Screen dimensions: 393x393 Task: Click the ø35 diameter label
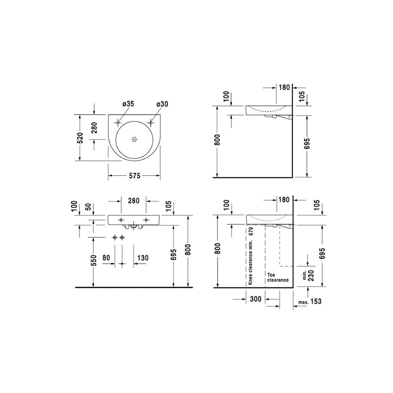[128, 104]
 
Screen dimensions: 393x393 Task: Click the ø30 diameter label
[162, 104]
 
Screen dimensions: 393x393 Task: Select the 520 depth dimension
[81, 138]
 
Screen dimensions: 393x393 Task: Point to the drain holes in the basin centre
[134, 140]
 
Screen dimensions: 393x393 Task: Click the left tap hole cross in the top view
[118, 123]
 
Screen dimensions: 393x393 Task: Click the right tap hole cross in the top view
[151, 123]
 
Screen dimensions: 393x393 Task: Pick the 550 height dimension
[94, 261]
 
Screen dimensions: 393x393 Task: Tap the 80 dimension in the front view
[106, 258]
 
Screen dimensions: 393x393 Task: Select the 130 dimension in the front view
[143, 258]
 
